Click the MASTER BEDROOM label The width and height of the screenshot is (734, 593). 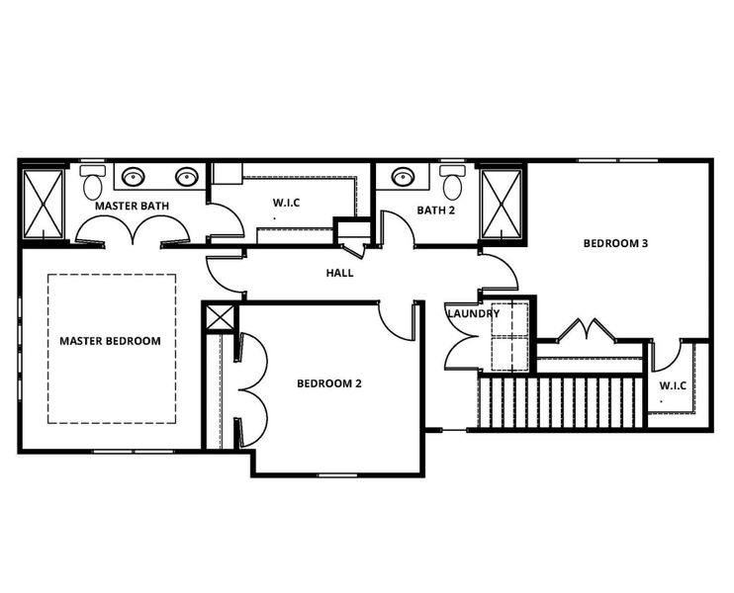tap(110, 341)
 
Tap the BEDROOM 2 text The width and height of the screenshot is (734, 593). tap(329, 383)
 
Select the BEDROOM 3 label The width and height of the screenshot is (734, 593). tap(615, 243)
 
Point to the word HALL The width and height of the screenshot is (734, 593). tap(339, 274)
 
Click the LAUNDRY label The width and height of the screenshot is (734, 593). tap(473, 314)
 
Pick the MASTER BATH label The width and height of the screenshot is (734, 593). tap(132, 207)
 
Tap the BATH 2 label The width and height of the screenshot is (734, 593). tap(435, 210)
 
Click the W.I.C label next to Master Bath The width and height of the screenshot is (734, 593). tap(286, 204)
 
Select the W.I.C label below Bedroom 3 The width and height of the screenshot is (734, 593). tap(673, 384)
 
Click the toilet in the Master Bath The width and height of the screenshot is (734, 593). tap(93, 182)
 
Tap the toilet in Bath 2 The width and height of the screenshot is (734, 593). tap(453, 182)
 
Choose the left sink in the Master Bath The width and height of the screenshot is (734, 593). tap(134, 178)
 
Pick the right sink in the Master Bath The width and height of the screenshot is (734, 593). tap(186, 178)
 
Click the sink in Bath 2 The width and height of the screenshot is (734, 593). tap(403, 178)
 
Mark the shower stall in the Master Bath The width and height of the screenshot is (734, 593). tap(44, 205)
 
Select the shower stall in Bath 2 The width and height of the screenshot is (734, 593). tap(501, 205)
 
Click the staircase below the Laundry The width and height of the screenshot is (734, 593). tap(559, 402)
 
